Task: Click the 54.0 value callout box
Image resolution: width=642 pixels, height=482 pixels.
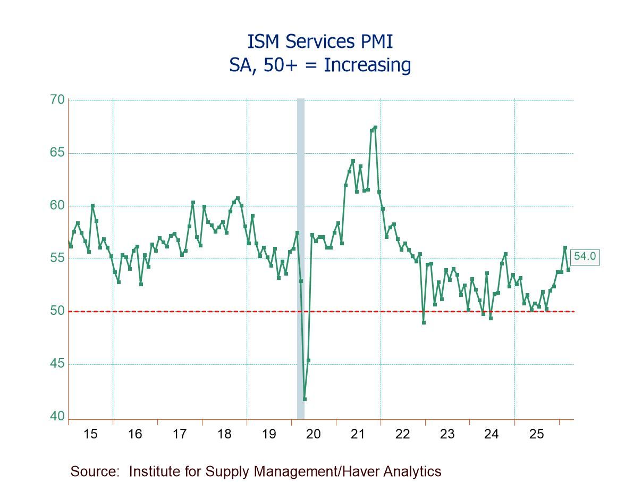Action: coord(585,256)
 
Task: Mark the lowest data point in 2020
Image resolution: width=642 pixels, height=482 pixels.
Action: coord(305,399)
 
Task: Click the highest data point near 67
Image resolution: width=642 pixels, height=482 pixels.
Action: coord(375,127)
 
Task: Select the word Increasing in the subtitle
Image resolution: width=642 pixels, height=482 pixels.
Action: coord(367,65)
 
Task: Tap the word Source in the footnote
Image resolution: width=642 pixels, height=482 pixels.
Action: coord(96,471)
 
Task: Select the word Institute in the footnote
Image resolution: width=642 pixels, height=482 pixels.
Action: coord(155,471)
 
